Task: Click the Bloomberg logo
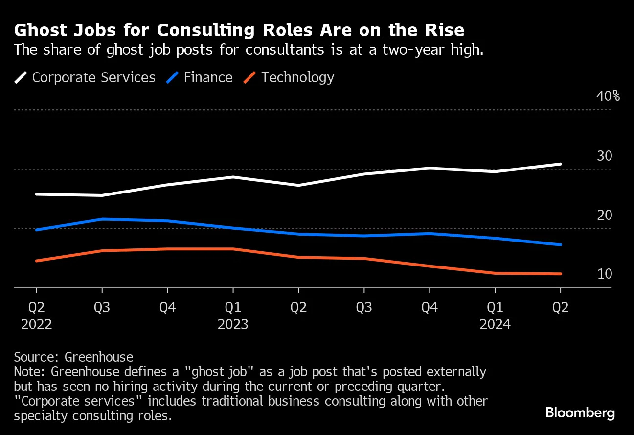pyautogui.click(x=580, y=413)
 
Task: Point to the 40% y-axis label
pyautogui.click(x=608, y=96)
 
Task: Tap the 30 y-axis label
pyautogui.click(x=605, y=156)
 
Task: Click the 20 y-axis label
pyautogui.click(x=605, y=216)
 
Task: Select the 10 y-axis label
pyautogui.click(x=605, y=274)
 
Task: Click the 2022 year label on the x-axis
pyautogui.click(x=36, y=324)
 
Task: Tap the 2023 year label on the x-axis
pyautogui.click(x=233, y=324)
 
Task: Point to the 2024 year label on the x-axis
pyautogui.click(x=495, y=324)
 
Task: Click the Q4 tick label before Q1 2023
pyautogui.click(x=167, y=307)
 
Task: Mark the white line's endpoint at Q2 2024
pyautogui.click(x=560, y=164)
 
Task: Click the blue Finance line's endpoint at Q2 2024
pyautogui.click(x=560, y=244)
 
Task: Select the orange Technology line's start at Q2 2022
pyautogui.click(x=37, y=261)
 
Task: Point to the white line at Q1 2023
pyautogui.click(x=233, y=177)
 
